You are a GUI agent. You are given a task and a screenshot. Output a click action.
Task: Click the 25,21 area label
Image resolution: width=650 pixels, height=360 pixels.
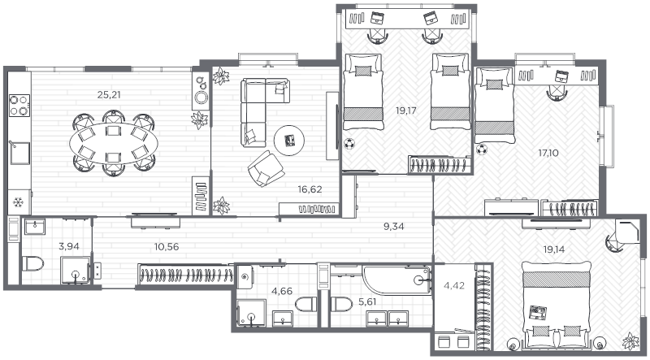[x=109, y=95]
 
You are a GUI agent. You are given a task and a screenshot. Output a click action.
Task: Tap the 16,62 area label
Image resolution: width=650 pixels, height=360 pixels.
[x=310, y=189]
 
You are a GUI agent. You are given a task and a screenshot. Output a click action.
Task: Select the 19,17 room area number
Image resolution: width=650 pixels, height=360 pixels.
[x=405, y=111]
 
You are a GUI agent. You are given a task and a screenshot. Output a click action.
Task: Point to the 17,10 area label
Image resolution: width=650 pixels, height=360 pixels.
[x=548, y=153]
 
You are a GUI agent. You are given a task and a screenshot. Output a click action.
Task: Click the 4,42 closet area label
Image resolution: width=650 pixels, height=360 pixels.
[x=454, y=285]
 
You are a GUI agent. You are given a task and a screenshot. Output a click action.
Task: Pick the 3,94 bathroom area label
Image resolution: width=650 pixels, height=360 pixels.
[x=69, y=247]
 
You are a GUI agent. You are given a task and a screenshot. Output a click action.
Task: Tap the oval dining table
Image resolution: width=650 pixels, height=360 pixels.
[x=113, y=143]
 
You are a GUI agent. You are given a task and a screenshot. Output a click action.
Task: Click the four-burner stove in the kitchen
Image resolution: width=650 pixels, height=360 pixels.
[x=19, y=106]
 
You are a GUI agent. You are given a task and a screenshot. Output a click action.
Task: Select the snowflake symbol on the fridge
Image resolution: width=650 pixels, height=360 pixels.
[x=18, y=202]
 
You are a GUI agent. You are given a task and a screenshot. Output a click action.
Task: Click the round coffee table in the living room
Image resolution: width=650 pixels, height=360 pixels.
[x=289, y=141]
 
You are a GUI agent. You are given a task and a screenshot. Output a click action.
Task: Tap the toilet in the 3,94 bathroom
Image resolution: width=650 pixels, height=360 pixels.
[x=32, y=263]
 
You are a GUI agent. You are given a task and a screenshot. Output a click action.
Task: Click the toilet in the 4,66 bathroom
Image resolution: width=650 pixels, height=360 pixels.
[x=306, y=305]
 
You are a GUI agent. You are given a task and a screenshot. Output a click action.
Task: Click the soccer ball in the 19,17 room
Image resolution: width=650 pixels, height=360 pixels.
[x=349, y=144]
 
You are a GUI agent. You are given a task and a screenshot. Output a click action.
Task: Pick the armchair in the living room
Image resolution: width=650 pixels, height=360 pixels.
[x=266, y=168]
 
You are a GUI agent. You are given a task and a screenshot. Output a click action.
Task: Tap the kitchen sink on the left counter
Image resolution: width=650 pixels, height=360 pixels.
[x=19, y=153]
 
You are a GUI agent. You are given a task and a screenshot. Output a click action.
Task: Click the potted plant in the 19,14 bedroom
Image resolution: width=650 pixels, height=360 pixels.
[x=630, y=340]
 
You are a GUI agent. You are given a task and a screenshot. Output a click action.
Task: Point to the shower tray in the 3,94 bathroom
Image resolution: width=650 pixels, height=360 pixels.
[x=76, y=271]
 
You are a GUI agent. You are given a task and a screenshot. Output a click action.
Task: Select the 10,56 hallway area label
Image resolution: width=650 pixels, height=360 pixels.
[x=167, y=247]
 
